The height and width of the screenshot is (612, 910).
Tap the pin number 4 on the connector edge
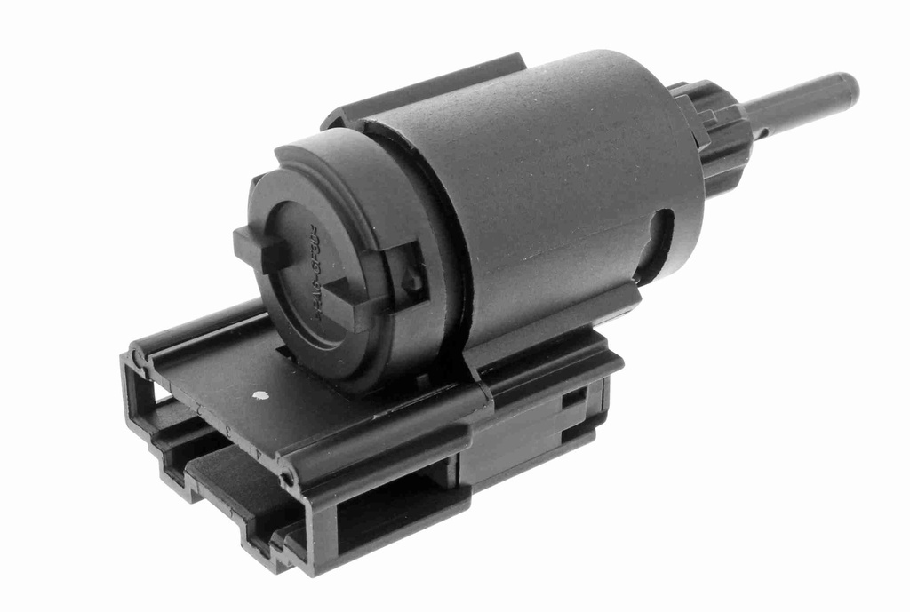tap(258, 453)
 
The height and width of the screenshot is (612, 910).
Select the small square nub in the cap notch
tap(411, 282)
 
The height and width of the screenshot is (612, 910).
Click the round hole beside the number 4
tap(288, 480)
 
